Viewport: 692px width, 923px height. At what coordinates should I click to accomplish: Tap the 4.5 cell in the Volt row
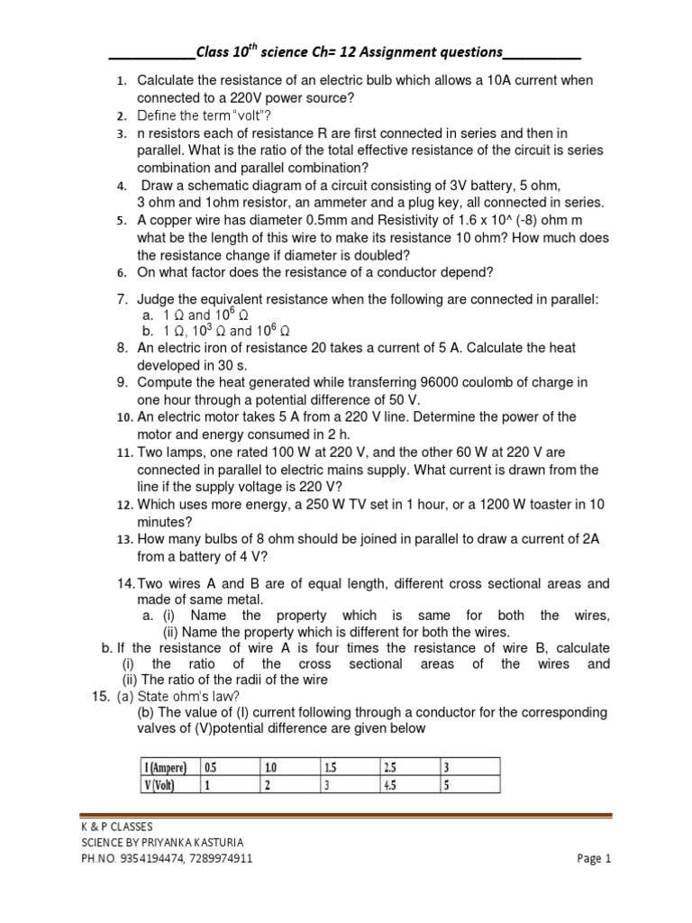(391, 784)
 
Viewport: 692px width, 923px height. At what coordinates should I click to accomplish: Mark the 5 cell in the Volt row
(447, 784)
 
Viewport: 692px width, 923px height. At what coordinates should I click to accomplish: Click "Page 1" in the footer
(594, 859)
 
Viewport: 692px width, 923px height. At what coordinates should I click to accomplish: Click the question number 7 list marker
(123, 298)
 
